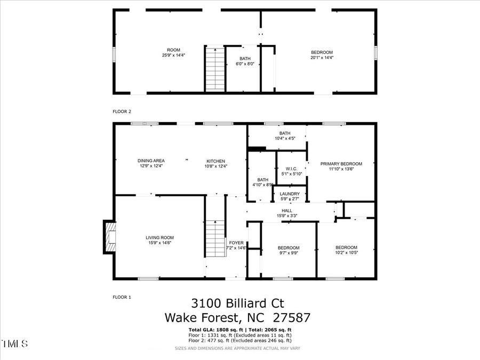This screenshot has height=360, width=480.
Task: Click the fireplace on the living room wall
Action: point(110,237)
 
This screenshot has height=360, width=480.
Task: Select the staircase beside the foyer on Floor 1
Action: point(215,238)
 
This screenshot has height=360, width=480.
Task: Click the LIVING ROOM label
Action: point(160,238)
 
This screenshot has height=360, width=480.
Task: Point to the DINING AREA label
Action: point(151,161)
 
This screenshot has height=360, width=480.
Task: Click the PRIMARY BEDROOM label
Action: point(341,164)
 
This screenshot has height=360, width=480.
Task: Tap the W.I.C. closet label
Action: point(292,169)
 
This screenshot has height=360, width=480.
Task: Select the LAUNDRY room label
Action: point(290,194)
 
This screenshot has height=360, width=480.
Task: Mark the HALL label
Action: point(287,211)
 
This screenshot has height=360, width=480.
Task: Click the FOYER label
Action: point(236,243)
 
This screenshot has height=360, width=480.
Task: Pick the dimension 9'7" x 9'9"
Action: point(289,253)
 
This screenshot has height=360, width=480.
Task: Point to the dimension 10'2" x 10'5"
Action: point(346,253)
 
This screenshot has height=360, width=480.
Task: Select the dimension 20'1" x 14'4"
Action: point(322,58)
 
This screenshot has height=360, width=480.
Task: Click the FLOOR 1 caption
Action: point(122,297)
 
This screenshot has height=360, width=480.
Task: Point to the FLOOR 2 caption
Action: point(122,111)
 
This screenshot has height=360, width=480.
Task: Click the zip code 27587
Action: point(291,318)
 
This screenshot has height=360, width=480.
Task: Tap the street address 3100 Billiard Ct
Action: point(237,303)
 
